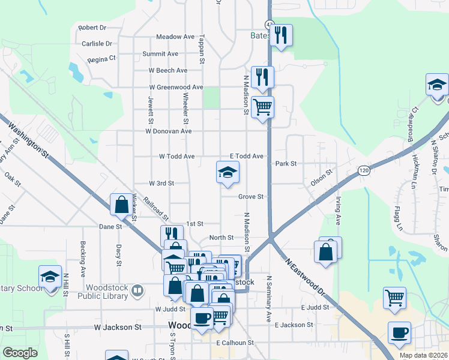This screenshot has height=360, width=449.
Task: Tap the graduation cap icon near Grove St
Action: (x=228, y=173)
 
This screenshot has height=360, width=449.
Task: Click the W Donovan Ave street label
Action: (x=169, y=131)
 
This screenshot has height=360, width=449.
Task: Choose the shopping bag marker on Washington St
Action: (x=121, y=205)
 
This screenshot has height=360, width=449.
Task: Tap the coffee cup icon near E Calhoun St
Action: (x=202, y=319)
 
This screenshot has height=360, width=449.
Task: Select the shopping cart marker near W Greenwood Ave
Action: (x=262, y=108)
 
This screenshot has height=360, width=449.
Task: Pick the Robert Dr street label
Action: (x=92, y=28)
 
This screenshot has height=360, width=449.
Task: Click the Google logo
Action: (x=20, y=353)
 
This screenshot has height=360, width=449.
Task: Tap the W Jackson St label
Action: (x=118, y=328)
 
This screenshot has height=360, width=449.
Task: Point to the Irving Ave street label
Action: (x=339, y=210)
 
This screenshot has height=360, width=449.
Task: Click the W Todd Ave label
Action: (x=176, y=157)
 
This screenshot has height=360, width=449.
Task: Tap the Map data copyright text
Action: (x=424, y=355)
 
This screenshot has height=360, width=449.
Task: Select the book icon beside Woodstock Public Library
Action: (x=137, y=292)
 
